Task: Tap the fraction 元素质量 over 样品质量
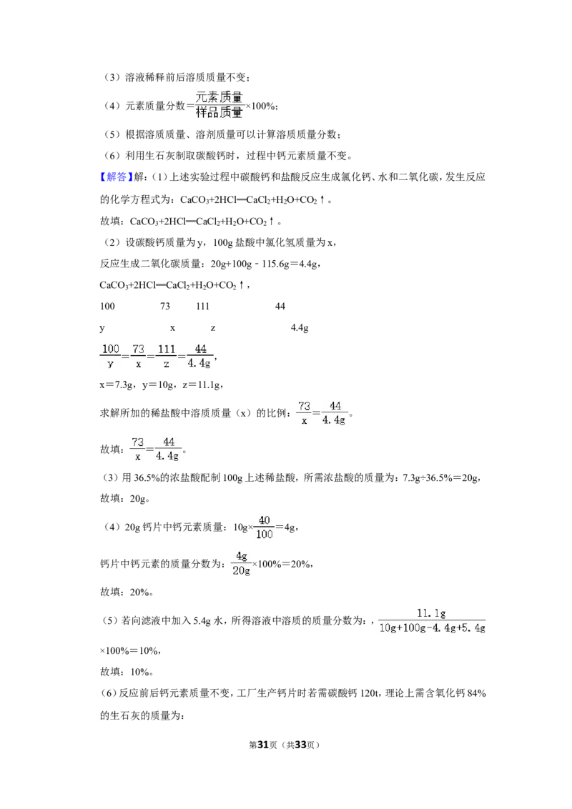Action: click(x=219, y=105)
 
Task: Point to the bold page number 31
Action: click(x=263, y=745)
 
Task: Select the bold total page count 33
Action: click(x=300, y=745)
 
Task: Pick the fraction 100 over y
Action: click(x=110, y=356)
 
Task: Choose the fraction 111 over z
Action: click(x=166, y=356)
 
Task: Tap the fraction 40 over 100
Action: click(x=265, y=527)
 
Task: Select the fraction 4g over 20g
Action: click(x=241, y=563)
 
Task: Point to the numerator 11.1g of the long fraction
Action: click(x=432, y=613)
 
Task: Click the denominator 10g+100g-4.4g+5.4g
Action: click(x=432, y=628)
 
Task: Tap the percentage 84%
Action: click(x=476, y=693)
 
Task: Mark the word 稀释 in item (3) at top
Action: click(x=157, y=77)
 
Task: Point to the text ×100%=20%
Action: click(x=282, y=564)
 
